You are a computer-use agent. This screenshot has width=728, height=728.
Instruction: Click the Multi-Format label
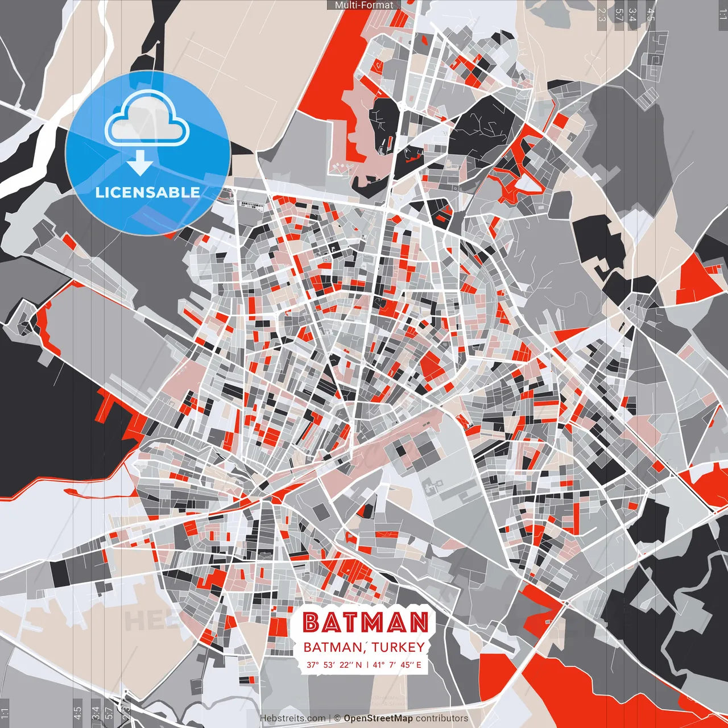[x=364, y=5]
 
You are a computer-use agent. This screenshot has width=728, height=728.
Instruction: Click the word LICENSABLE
[x=148, y=192]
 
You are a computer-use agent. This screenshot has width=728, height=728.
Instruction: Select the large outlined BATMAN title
[x=365, y=623]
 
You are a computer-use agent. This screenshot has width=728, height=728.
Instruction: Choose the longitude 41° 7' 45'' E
[x=397, y=664]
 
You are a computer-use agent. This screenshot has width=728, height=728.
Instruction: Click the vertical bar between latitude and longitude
[x=367, y=664]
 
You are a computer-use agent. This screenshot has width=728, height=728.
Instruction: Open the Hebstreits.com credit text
[x=293, y=718]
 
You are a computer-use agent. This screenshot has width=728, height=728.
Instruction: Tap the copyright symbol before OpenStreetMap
[x=337, y=718]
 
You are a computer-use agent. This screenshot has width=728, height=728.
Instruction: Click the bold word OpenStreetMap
[x=378, y=718]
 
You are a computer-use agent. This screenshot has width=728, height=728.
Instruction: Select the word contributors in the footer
[x=442, y=718]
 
